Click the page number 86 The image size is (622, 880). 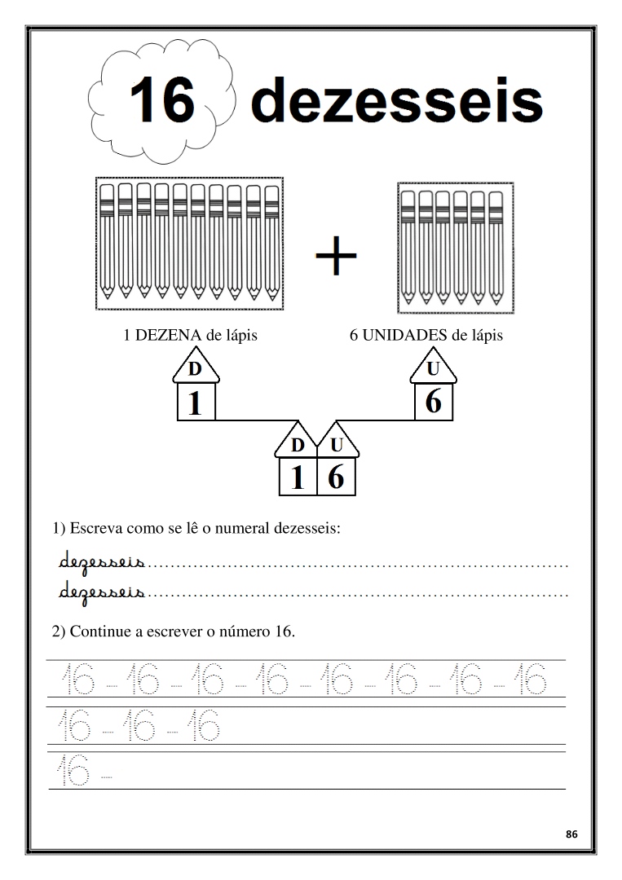coord(571,834)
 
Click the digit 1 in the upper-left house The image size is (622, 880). coord(195,403)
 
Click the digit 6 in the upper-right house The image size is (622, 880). coord(434,402)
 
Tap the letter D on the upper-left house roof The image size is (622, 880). coord(195,370)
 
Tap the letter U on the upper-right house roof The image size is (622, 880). coord(434,369)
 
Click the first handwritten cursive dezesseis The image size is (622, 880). coord(102,561)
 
